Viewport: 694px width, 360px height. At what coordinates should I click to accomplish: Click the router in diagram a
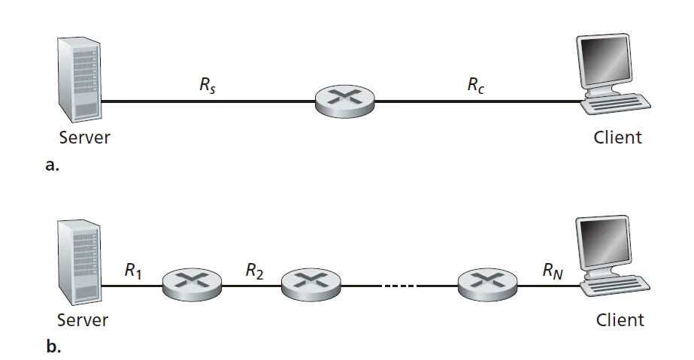(x=345, y=101)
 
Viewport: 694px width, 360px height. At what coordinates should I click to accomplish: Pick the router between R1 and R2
(x=192, y=283)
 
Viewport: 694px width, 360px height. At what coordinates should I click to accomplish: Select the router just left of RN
(x=486, y=283)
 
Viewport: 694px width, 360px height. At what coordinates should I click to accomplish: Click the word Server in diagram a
(x=84, y=138)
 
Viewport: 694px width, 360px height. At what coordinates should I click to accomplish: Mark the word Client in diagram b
(x=620, y=319)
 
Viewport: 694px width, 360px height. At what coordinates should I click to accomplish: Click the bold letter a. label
(x=52, y=167)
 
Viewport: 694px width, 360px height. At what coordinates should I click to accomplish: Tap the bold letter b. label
(x=53, y=347)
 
